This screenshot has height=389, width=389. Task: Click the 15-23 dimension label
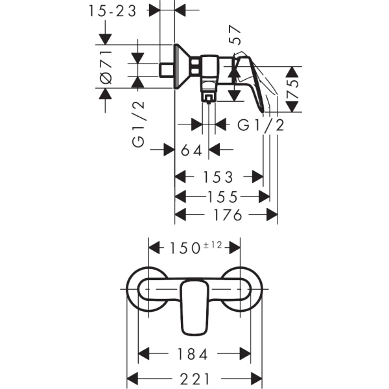pos(115,11)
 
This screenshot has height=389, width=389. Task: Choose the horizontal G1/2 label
pos(261,124)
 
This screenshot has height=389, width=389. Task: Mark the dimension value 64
pos(192,151)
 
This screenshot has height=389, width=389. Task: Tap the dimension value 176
pos(227,215)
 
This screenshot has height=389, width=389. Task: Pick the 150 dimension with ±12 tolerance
pos(194,246)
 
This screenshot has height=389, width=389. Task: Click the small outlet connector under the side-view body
pos(208,98)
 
